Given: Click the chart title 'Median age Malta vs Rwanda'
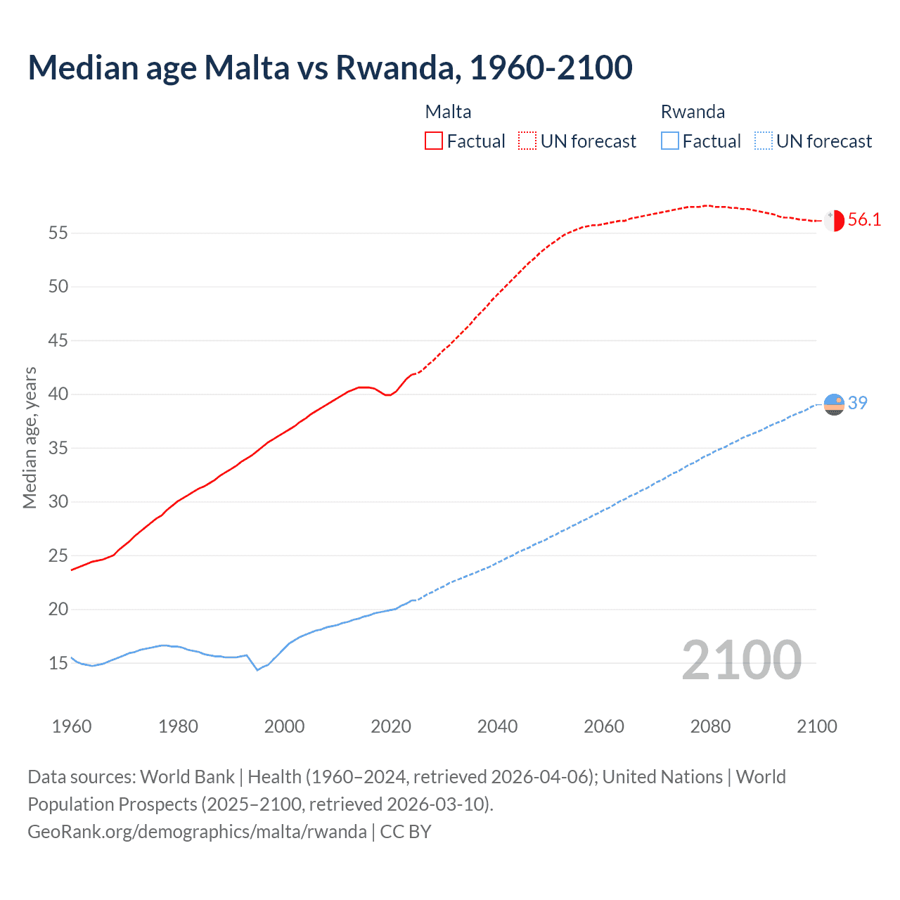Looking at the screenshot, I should [330, 67].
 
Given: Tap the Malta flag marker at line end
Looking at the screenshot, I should [834, 220].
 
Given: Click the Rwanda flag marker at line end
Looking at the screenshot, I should [834, 404].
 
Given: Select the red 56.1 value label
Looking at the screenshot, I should [864, 220].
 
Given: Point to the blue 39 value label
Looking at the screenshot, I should [858, 403].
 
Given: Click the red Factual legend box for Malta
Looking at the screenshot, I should [434, 141].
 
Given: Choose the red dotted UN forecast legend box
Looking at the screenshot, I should [527, 141].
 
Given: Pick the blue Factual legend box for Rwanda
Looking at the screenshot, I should [670, 141].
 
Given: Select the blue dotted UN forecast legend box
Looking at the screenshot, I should [764, 141].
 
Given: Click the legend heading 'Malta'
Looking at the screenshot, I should [448, 112].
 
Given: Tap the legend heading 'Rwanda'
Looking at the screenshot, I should [693, 112].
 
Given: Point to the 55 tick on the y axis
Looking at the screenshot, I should [58, 233].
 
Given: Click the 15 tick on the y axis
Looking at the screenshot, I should [58, 663].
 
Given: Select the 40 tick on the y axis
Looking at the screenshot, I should [58, 394].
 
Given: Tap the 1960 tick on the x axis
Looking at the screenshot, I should [72, 726].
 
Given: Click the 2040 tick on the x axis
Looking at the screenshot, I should [497, 726].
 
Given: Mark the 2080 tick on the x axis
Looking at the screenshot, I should [710, 726].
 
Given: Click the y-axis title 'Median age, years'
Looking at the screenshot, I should [30, 437].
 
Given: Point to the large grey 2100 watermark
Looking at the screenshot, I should [741, 660].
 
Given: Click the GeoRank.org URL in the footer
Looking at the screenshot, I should [197, 832].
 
